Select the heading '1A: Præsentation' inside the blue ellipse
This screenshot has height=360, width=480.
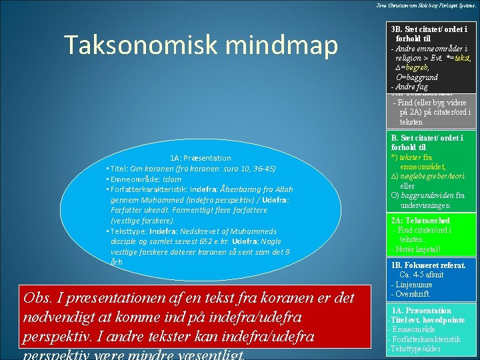click(200, 158)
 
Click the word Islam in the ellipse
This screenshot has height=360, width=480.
click(172, 179)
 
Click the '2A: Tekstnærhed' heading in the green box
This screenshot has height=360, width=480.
click(421, 221)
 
